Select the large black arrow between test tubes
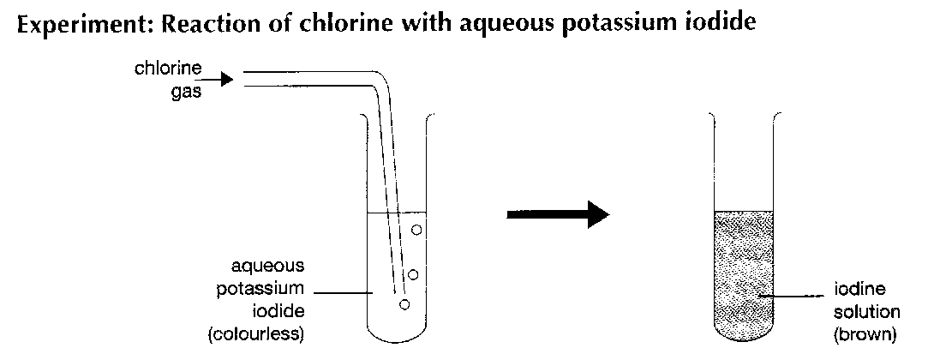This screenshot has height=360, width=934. pos(557,214)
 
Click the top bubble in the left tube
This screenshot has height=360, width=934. pos(416,230)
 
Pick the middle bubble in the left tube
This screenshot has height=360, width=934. pos(413,274)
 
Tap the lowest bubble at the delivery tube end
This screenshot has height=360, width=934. pos(404,304)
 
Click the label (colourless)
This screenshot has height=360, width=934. pos(257,334)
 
